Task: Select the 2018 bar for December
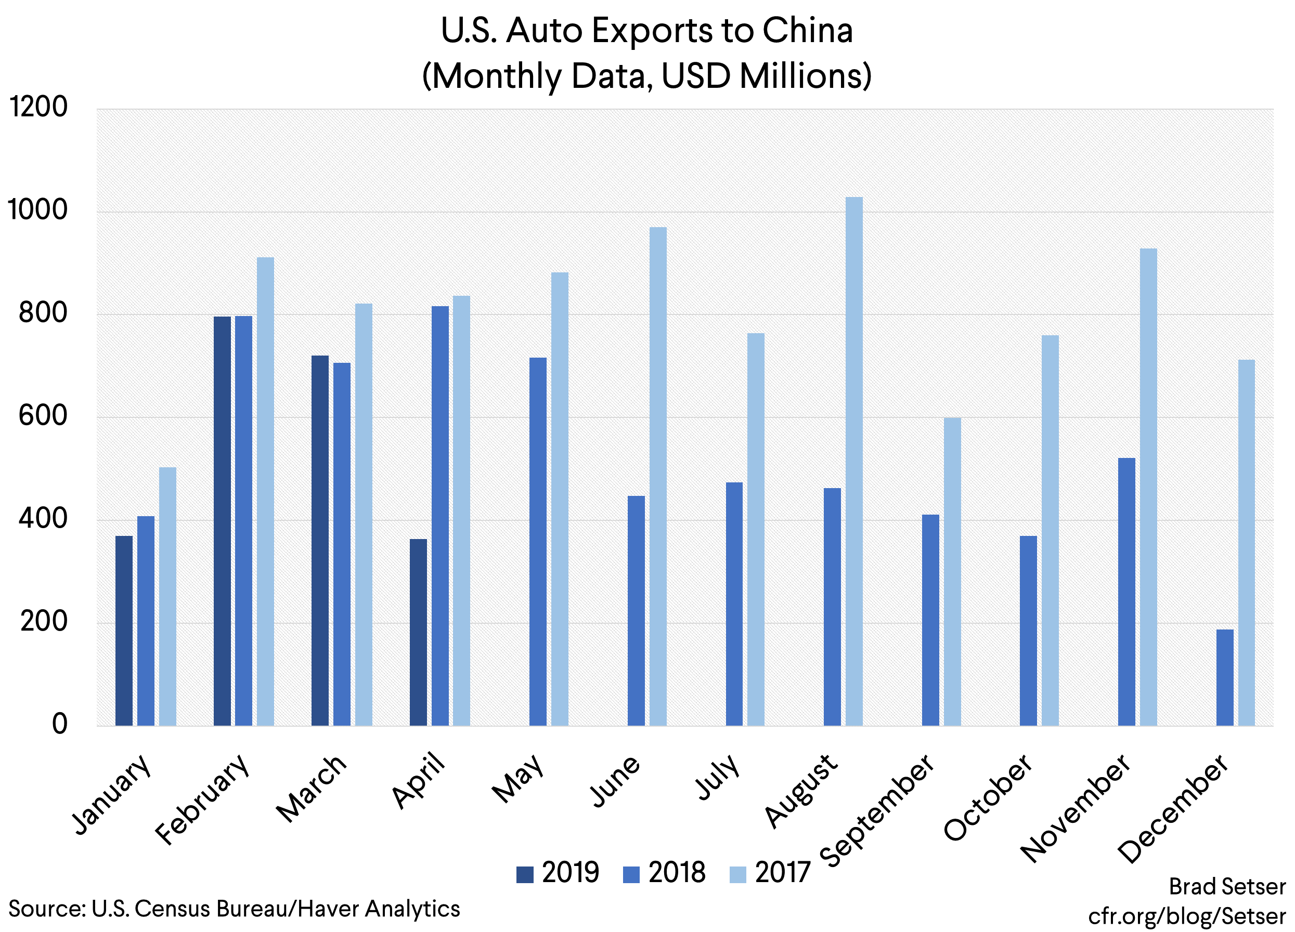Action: (x=1224, y=677)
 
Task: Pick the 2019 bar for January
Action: (x=124, y=631)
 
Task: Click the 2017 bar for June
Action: (x=658, y=477)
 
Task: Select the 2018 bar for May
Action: (x=538, y=542)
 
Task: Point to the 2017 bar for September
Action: (x=952, y=571)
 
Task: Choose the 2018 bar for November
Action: (x=1126, y=592)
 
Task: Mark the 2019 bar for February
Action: (x=222, y=520)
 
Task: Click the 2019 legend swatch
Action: (x=524, y=874)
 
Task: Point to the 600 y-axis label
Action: (x=43, y=415)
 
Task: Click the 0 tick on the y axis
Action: (x=59, y=724)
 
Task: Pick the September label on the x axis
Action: (x=879, y=810)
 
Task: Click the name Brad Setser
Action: (x=1227, y=886)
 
